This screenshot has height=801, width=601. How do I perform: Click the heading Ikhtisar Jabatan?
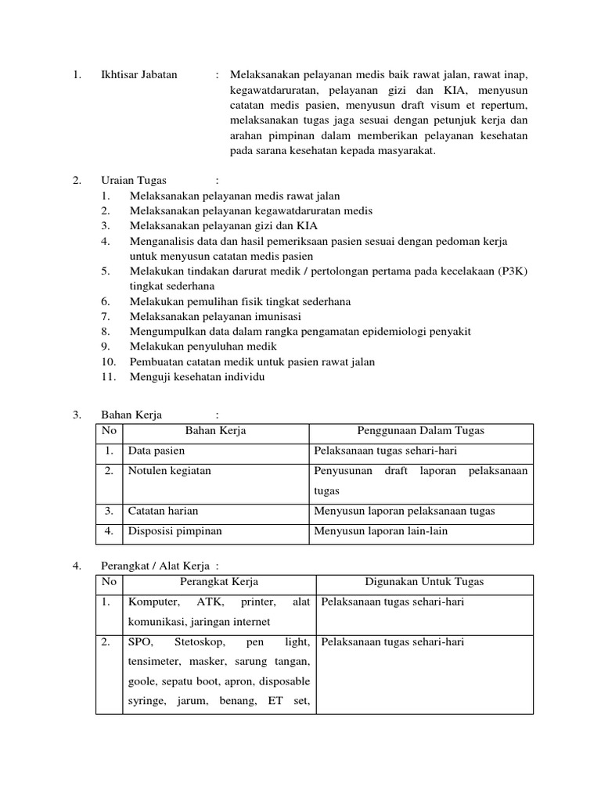[139, 75]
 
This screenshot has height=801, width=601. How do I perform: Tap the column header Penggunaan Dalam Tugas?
[420, 431]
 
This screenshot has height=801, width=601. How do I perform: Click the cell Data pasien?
[157, 451]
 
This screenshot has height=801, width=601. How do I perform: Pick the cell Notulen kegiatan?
[170, 471]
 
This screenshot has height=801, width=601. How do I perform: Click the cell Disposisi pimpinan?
[175, 531]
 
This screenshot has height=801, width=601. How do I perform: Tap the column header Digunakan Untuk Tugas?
[425, 582]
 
